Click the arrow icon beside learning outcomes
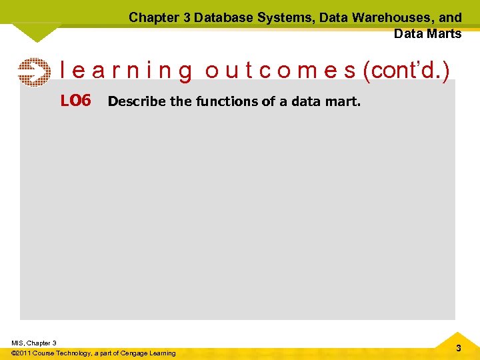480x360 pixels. point(33,72)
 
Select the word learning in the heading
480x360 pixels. point(127,71)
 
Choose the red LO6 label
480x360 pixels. point(75,101)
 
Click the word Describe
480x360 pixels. point(132,102)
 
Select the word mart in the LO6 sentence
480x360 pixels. point(344,102)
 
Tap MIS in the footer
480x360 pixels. point(17,343)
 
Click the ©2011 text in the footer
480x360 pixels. point(23,353)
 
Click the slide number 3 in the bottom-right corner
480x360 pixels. point(458,349)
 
